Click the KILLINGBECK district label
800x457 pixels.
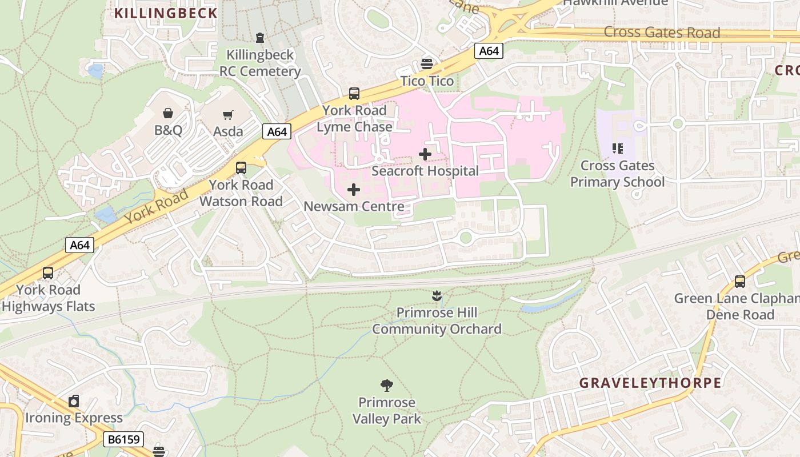coord(166,13)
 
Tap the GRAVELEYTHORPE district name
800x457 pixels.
coord(650,383)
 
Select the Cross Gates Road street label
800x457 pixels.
coord(662,33)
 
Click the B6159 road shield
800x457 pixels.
coord(123,439)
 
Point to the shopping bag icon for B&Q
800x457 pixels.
coord(168,113)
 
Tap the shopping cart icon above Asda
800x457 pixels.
coord(228,115)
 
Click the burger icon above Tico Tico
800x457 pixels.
coord(427,63)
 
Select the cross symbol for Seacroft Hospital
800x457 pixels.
coord(425,154)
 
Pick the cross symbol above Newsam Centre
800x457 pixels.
coord(354,190)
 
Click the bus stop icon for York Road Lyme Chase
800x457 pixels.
coord(354,94)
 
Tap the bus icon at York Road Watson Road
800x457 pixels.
coord(241,168)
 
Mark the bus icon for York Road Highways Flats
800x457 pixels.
coord(48,273)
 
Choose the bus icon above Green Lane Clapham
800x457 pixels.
coord(740,281)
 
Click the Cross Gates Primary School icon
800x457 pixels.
coord(617,149)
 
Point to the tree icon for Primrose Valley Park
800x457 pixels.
coord(387,386)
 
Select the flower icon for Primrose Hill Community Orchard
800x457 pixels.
coord(437,296)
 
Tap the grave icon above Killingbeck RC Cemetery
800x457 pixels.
coord(260,38)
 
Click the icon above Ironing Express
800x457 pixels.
coord(74,401)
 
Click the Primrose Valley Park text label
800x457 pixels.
coord(387,411)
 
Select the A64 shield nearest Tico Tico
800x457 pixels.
coord(489,51)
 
